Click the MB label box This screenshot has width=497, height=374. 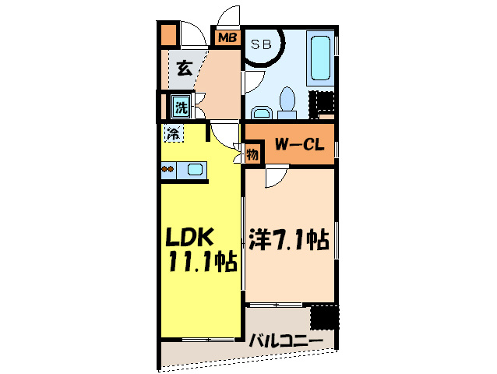tap(227, 37)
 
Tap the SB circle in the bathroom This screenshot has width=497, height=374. tap(261, 44)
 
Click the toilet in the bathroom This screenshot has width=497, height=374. tap(286, 102)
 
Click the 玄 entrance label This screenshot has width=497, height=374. tap(184, 69)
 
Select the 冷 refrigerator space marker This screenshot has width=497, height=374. tap(173, 133)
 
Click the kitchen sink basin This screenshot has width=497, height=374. tap(195, 169)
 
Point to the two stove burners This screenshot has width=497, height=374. tap(167, 168)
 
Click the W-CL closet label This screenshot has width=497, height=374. tap(301, 146)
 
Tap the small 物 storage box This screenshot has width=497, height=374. tap(252, 153)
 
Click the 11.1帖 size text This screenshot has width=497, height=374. tap(199, 262)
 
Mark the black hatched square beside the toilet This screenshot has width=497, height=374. tap(323, 102)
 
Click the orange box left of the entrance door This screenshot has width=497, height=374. tap(169, 36)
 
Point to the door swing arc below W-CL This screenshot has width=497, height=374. tap(275, 177)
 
